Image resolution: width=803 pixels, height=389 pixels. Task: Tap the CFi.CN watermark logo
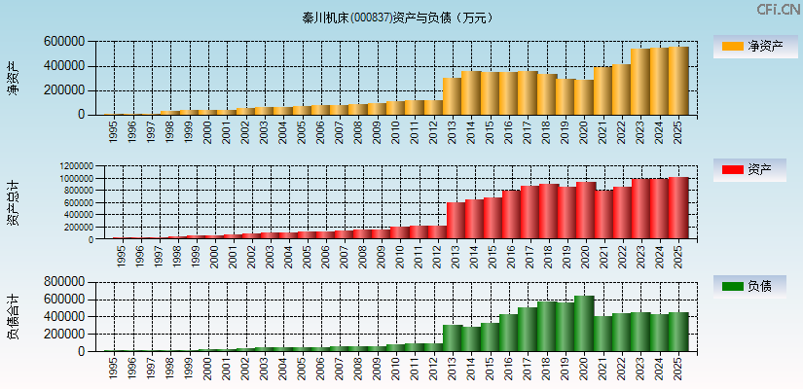(778, 10)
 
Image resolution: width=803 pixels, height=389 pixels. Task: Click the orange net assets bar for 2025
(678, 81)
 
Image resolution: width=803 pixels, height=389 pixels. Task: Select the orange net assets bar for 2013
(452, 96)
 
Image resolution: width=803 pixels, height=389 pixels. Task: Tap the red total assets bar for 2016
(511, 215)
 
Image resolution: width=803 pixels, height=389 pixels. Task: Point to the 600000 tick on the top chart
(63, 42)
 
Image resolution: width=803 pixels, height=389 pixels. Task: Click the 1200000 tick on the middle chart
(74, 166)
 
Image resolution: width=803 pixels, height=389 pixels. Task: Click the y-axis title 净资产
(13, 78)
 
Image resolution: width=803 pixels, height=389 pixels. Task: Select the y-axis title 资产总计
(13, 202)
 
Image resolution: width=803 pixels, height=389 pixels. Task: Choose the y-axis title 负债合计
(13, 316)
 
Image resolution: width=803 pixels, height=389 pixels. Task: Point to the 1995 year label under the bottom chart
(114, 368)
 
